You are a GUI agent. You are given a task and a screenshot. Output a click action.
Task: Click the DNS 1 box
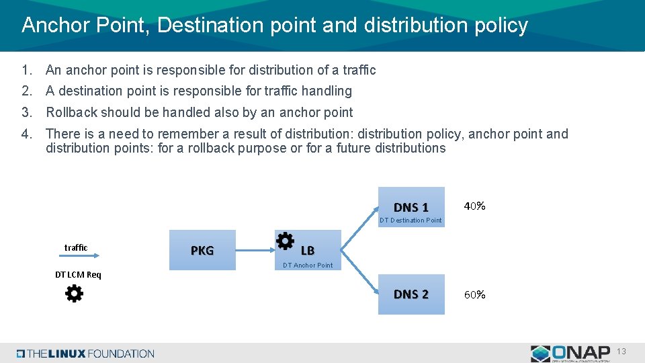(x=411, y=206)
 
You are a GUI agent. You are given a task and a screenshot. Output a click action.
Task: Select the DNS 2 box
(x=411, y=294)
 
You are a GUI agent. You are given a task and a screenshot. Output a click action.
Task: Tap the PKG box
(x=202, y=251)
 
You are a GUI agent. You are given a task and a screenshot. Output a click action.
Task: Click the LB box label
(x=308, y=251)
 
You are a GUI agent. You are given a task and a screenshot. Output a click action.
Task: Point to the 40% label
(x=474, y=206)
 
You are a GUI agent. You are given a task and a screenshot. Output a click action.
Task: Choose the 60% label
(x=474, y=294)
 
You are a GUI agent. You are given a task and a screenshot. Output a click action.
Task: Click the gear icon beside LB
(x=285, y=241)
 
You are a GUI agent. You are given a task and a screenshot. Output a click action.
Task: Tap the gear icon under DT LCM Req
(x=74, y=293)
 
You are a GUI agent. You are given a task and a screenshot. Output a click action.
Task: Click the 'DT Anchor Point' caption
(x=308, y=266)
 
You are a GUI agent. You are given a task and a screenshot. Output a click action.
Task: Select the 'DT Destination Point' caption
(x=411, y=220)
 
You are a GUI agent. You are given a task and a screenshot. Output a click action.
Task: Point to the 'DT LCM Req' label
(x=78, y=274)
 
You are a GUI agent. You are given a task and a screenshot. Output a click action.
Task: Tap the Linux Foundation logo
(x=86, y=354)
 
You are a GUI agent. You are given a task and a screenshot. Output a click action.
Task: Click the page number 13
(x=621, y=352)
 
